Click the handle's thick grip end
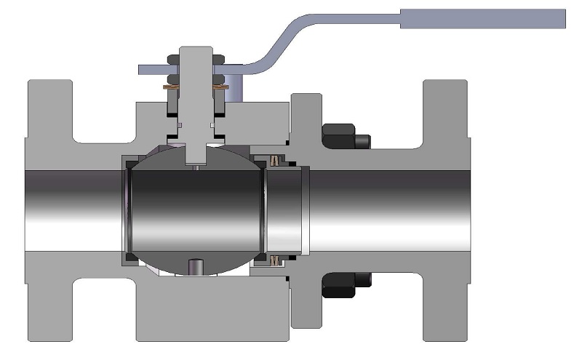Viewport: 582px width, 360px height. tap(482, 19)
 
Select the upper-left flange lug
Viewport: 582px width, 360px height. tap(50, 109)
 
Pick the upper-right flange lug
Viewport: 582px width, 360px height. tap(445, 109)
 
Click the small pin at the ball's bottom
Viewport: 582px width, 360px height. tap(197, 267)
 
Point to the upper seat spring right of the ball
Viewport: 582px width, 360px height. tap(276, 160)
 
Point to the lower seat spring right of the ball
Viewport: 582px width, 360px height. tap(276, 260)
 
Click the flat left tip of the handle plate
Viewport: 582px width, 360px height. tap(143, 69)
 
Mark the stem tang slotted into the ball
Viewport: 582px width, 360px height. tap(196, 153)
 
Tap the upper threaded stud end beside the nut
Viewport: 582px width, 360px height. tap(364, 141)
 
